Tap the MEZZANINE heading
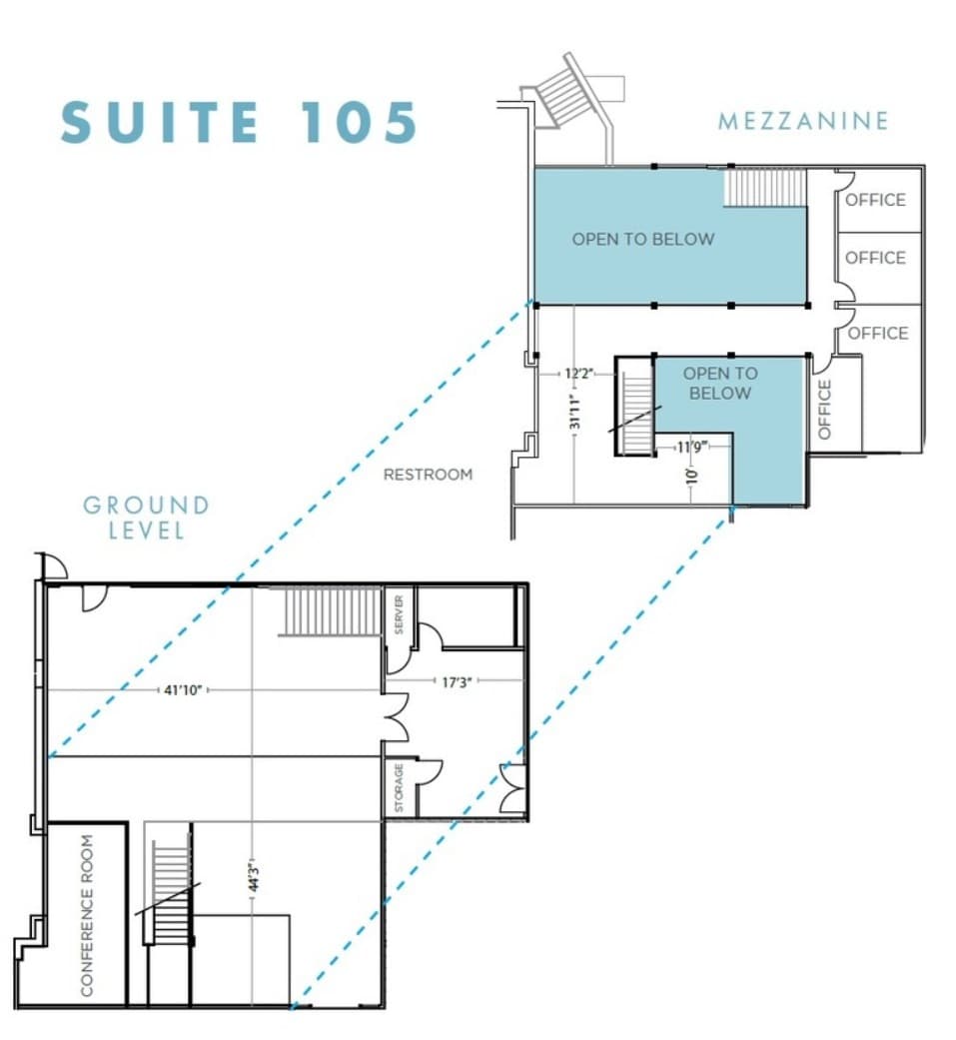tap(802, 121)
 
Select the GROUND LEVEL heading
tap(146, 517)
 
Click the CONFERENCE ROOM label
tap(88, 915)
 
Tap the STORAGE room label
tap(399, 788)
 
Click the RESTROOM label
tap(428, 475)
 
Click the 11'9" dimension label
tap(692, 447)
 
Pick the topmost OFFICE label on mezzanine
tap(875, 200)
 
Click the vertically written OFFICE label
tap(824, 409)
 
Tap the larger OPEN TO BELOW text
tap(643, 239)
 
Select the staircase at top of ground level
tap(333, 611)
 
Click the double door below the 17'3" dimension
tap(397, 717)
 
